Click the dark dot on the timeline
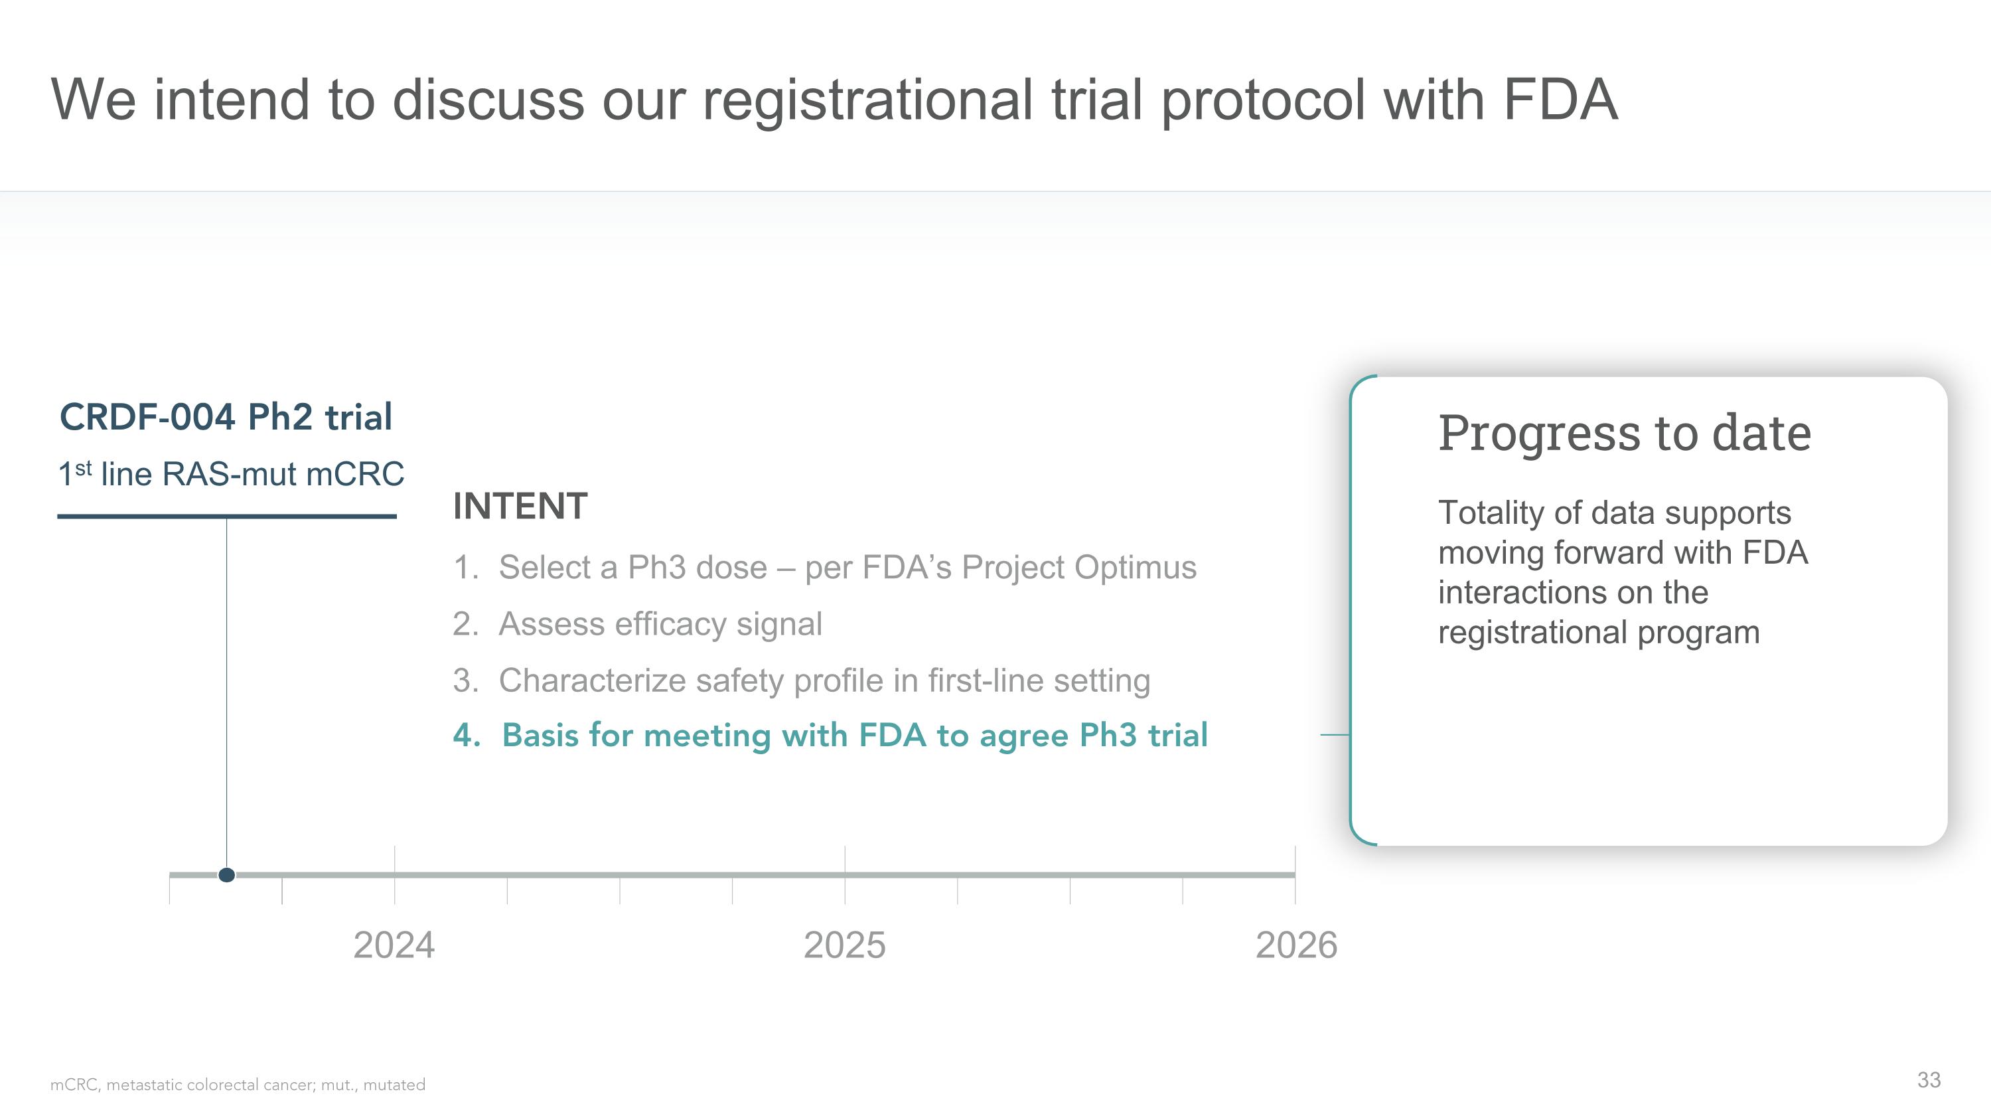(x=226, y=875)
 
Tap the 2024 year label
(x=394, y=945)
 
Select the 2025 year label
(x=844, y=945)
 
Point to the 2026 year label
(x=1296, y=945)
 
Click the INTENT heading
(x=520, y=507)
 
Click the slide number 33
(x=1929, y=1080)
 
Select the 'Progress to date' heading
(x=1624, y=433)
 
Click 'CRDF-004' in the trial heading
(x=147, y=418)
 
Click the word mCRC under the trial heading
(x=355, y=474)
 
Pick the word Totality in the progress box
(x=1487, y=513)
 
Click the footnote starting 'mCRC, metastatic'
(x=238, y=1084)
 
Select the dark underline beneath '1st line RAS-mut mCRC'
(x=226, y=517)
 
